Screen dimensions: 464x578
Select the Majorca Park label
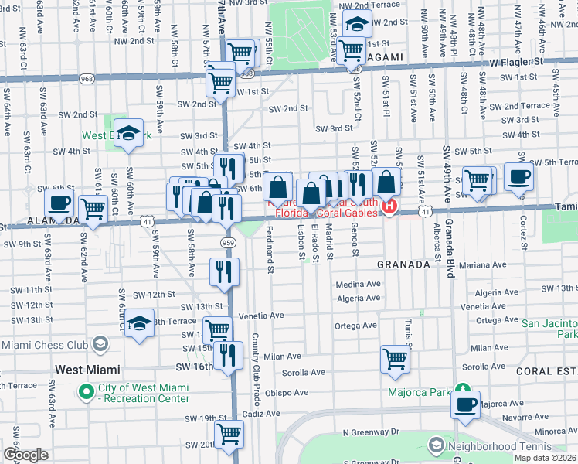pos(419,392)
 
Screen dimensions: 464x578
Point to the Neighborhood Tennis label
pos(495,446)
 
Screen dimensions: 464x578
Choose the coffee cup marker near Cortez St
pos(518,176)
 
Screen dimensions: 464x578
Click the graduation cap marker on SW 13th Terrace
pos(140,323)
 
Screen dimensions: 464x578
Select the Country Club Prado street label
pos(255,369)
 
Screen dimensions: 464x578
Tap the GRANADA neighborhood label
pos(403,264)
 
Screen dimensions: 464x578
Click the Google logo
pos(25,455)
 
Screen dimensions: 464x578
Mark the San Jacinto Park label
pos(549,329)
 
